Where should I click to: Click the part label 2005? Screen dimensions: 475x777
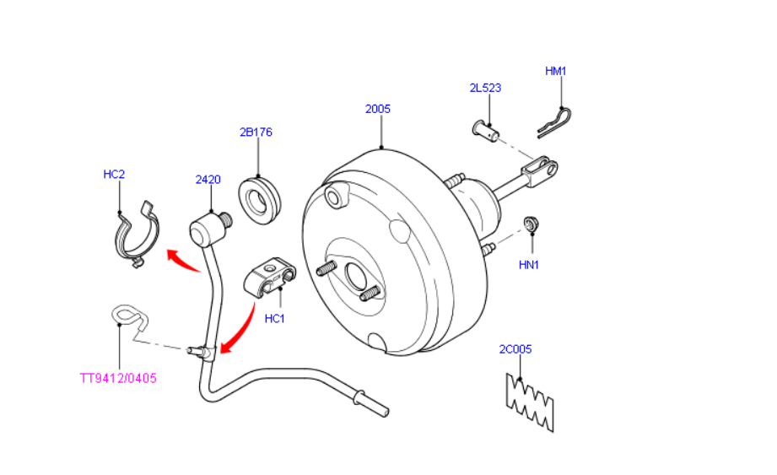378,109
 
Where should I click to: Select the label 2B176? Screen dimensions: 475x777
256,132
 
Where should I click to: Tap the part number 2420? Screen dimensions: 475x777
208,180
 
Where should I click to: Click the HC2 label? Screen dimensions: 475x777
114,175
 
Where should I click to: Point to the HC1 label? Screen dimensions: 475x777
275,319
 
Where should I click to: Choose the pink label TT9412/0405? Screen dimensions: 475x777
118,378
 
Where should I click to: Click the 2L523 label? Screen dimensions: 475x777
485,88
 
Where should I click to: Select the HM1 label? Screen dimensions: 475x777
555,72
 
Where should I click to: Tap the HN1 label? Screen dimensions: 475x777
529,265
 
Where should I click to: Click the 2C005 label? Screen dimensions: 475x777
515,348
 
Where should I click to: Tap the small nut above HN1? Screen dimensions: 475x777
531,224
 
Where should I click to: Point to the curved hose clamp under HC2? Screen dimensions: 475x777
136,235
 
